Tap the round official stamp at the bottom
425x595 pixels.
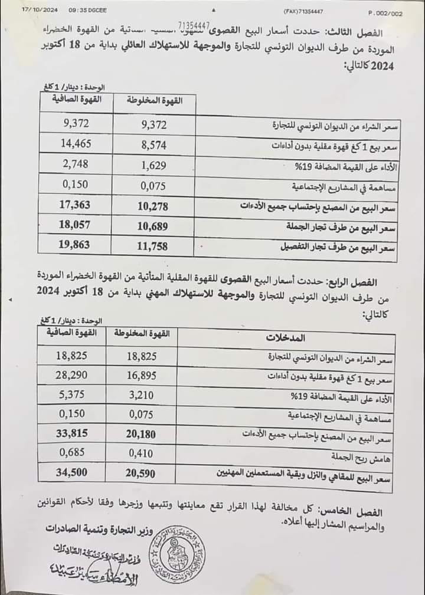click(x=175, y=555)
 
